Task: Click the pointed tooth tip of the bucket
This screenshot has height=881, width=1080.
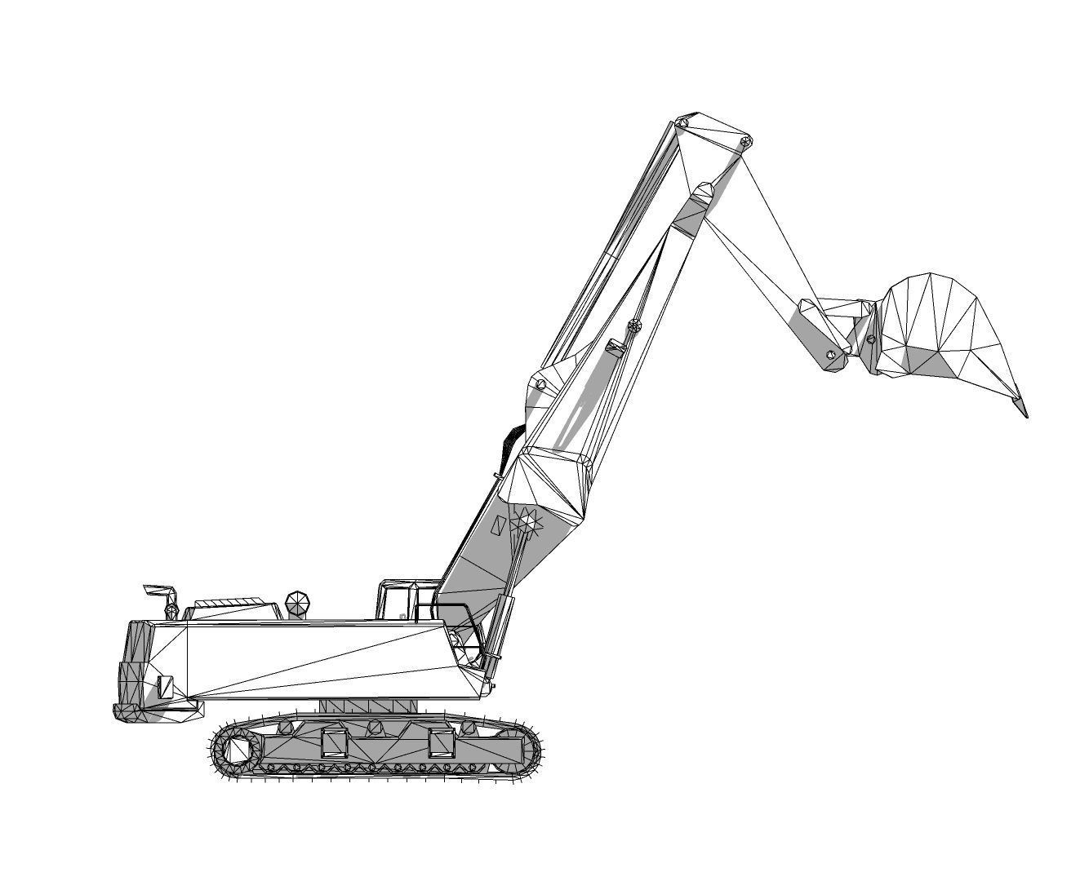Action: click(1024, 413)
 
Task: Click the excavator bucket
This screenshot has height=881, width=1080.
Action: click(947, 330)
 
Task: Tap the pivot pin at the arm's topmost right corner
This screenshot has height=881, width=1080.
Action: click(745, 142)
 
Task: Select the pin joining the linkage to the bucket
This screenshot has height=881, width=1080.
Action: click(871, 339)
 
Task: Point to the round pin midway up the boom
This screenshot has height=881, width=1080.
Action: click(634, 326)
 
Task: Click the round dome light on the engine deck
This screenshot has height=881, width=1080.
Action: click(298, 604)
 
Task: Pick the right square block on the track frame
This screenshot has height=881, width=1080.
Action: click(442, 743)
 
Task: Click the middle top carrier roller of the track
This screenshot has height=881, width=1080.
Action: click(375, 726)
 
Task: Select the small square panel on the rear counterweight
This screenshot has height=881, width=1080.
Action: click(166, 687)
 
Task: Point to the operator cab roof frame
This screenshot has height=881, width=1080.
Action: click(408, 584)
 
